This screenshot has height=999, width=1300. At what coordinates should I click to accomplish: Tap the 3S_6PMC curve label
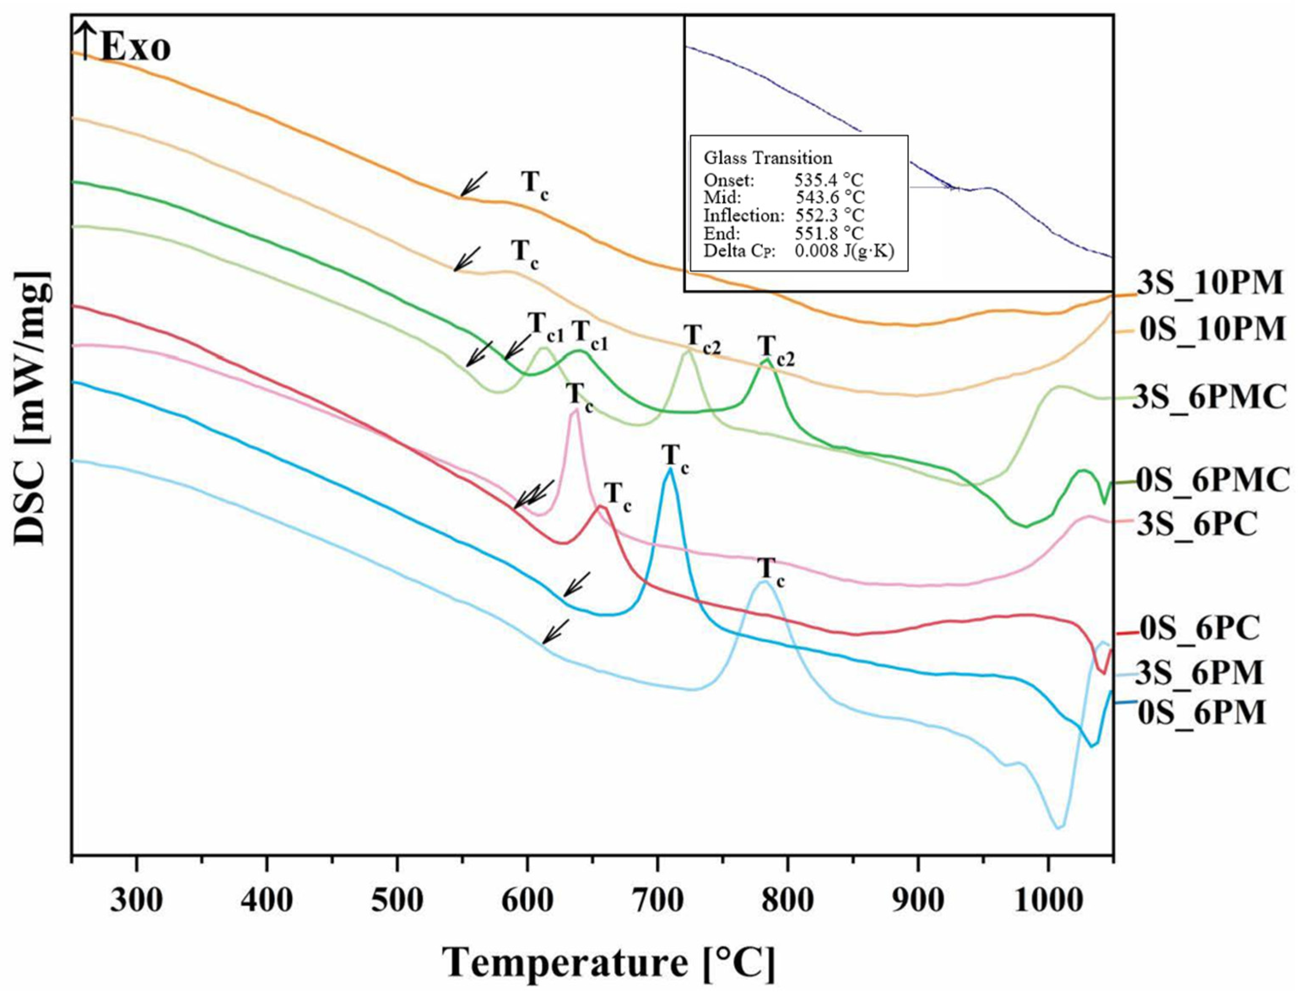[1209, 397]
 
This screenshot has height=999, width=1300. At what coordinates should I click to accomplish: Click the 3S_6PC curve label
[1197, 524]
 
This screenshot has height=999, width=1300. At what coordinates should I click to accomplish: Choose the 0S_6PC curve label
[1200, 628]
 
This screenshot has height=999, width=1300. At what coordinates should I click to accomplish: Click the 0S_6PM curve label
[1202, 713]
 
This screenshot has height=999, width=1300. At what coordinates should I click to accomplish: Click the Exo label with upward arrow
[125, 48]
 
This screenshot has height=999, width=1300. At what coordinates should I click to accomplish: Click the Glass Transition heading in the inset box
[768, 158]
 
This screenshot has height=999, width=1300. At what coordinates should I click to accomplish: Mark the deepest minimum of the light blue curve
[1059, 826]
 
